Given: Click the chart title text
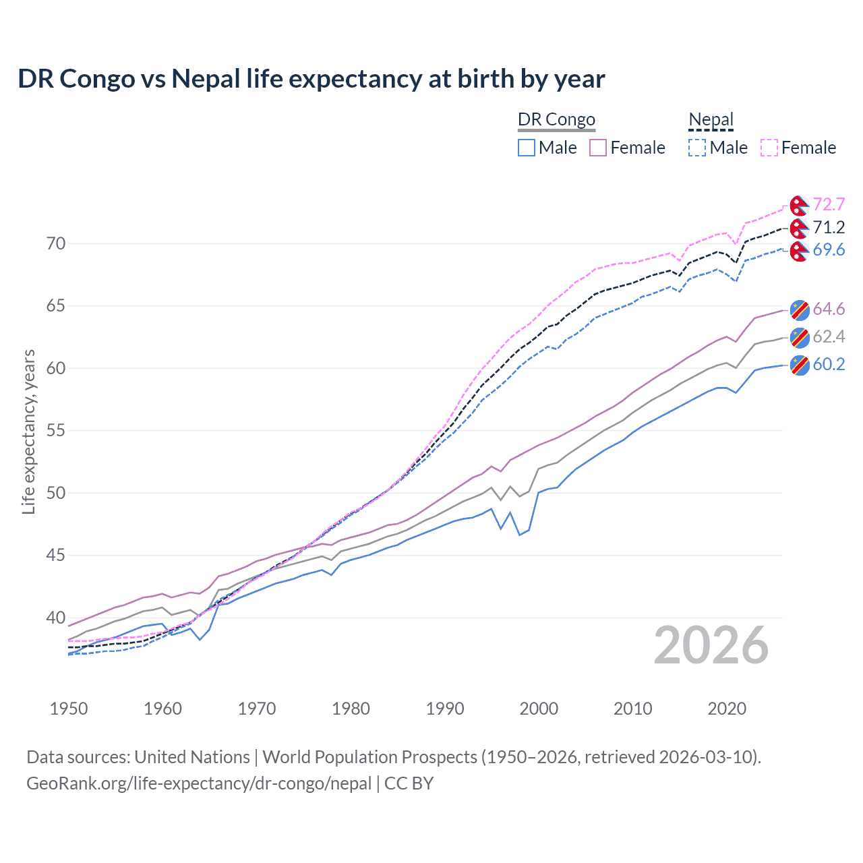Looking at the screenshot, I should click(311, 79).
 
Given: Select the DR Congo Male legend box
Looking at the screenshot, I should click(527, 148).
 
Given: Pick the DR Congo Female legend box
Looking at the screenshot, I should click(598, 148).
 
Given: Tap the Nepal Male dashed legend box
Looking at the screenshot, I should click(697, 148).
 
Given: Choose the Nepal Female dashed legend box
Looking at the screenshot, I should click(769, 148).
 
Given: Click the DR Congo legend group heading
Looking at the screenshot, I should click(556, 120).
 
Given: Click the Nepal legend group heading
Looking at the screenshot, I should click(711, 120).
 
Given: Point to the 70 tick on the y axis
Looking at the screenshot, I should click(56, 243).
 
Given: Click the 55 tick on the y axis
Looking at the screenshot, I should click(56, 431).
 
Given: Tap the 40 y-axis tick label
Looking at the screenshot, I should click(56, 618).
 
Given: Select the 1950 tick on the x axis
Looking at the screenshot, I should click(69, 709).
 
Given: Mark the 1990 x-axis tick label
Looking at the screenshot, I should click(445, 709).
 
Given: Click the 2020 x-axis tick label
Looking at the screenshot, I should click(727, 709).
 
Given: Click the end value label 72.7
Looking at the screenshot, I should click(829, 204).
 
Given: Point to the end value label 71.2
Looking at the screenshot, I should click(829, 227).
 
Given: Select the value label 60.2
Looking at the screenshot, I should click(829, 365).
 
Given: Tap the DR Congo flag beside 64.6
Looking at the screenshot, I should click(799, 309).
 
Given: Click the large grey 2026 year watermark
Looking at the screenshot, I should click(711, 645).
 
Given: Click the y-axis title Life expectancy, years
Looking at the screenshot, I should click(28, 431).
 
